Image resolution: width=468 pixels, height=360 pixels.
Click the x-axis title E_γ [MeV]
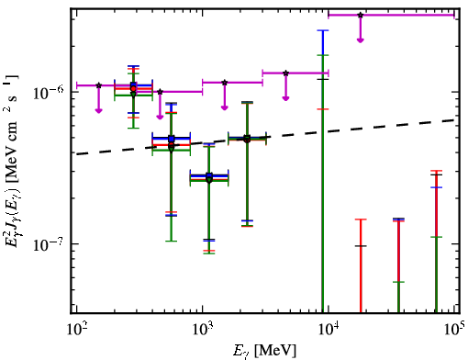(x=264, y=350)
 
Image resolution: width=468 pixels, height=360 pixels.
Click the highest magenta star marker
(x=361, y=15)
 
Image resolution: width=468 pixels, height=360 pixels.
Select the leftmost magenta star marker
(x=98, y=85)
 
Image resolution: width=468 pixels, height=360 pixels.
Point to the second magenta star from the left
(x=160, y=92)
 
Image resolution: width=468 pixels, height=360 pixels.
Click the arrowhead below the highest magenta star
(x=361, y=40)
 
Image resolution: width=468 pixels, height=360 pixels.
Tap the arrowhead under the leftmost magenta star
(x=98, y=110)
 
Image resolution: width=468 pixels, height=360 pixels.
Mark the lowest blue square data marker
(x=209, y=175)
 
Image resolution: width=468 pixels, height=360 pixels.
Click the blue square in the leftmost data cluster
(x=133, y=85)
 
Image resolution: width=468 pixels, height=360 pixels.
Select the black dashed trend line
(x=265, y=137)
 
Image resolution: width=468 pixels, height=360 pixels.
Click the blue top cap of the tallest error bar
(x=323, y=30)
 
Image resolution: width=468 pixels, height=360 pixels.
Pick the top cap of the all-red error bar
(x=361, y=219)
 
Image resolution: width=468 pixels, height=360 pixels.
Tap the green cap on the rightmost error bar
(x=436, y=237)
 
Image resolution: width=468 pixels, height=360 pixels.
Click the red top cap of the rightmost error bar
(x=436, y=171)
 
